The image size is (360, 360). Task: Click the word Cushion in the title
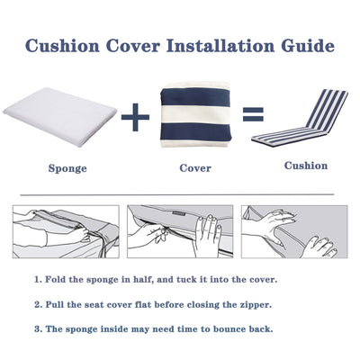point(65,45)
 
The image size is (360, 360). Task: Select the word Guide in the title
point(304,45)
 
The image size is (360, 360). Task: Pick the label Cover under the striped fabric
point(195,167)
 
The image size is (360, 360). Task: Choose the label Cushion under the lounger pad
point(306,166)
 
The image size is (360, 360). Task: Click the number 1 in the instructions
point(37,280)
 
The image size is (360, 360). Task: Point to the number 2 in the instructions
point(37,304)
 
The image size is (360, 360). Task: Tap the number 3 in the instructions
point(37,328)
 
